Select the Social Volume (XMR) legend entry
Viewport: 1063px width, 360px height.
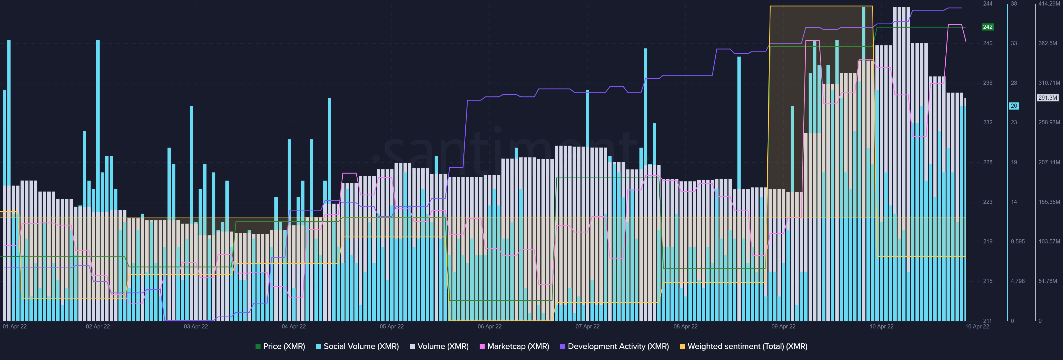[357, 346]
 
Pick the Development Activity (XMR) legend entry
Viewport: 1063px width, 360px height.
[615, 346]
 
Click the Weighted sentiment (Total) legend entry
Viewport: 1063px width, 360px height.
[744, 346]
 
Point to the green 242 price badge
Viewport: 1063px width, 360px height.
[987, 27]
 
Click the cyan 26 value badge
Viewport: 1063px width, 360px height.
[1013, 106]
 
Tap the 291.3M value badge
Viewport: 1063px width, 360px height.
[1048, 98]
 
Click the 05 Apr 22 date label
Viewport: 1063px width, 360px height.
[392, 326]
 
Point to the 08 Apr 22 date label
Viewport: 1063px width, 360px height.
[685, 326]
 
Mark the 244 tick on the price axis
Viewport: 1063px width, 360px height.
[987, 4]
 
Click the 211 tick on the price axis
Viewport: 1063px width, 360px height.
[987, 321]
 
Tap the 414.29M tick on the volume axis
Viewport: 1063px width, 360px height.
[1049, 4]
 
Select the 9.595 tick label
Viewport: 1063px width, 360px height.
[1017, 241]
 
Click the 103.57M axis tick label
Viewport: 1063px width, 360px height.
[1049, 241]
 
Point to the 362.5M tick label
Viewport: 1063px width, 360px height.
[1048, 43]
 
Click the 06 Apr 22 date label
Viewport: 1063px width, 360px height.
[489, 326]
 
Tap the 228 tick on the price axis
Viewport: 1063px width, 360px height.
[987, 162]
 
